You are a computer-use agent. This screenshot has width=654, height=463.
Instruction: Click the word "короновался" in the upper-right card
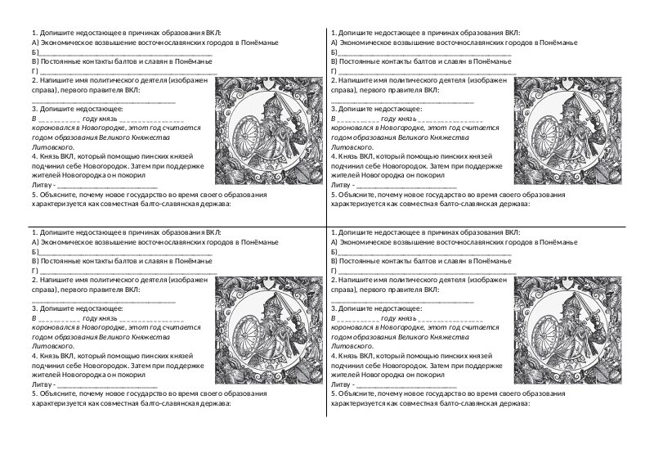coord(357,128)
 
